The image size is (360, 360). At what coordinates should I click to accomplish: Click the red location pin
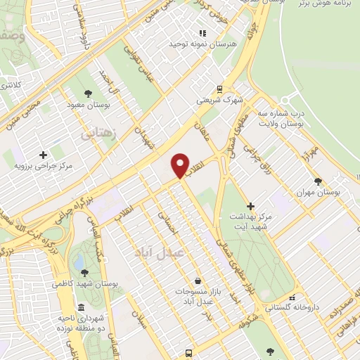click(180, 165)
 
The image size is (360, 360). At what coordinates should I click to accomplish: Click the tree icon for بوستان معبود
click(88, 93)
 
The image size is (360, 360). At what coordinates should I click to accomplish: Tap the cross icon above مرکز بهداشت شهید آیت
click(251, 205)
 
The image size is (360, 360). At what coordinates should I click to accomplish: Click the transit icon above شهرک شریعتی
click(220, 89)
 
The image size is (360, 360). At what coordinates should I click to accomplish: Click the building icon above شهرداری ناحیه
click(82, 307)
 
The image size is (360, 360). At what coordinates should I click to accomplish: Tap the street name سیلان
click(141, 326)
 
